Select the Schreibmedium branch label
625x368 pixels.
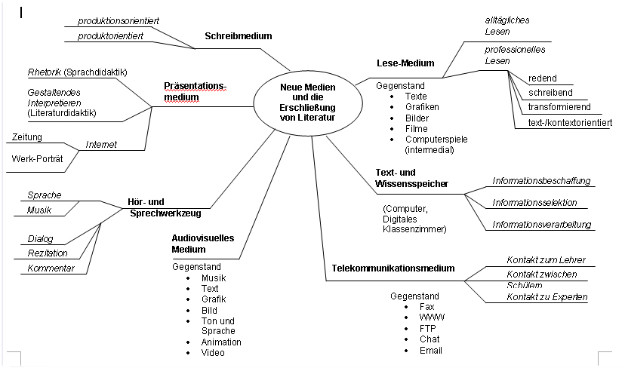coord(238,35)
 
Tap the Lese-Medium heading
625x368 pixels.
coord(405,63)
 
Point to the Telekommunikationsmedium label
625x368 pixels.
coord(393,268)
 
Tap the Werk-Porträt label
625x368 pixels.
coord(37,159)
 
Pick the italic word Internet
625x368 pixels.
coord(101,144)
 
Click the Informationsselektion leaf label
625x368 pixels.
coord(534,203)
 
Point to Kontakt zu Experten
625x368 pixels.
coord(547,297)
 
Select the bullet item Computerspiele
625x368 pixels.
coord(437,140)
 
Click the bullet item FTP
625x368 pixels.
coord(426,328)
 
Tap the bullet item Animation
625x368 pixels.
coord(220,342)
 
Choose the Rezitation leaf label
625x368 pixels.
coord(48,253)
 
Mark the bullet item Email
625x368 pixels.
coord(430,350)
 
